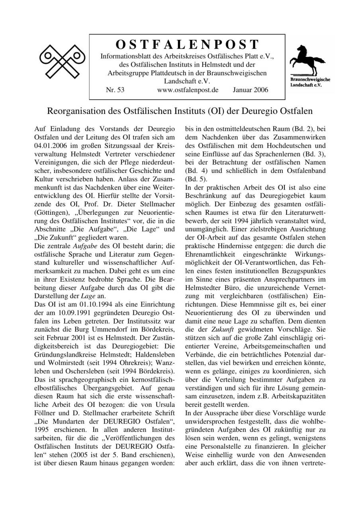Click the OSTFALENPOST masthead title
click(187, 44)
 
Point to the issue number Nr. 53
click(115, 90)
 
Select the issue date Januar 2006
click(250, 90)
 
